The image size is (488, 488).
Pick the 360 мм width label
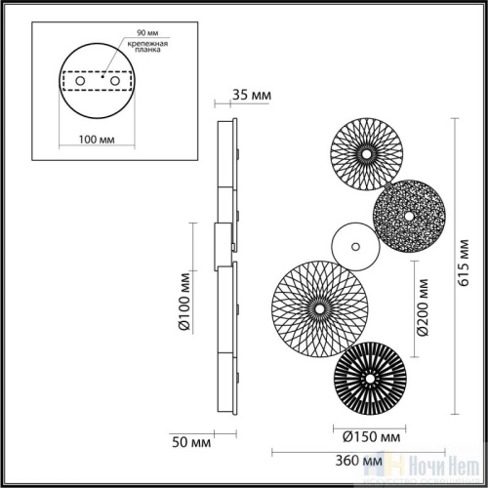356,460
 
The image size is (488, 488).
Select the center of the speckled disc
408,214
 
